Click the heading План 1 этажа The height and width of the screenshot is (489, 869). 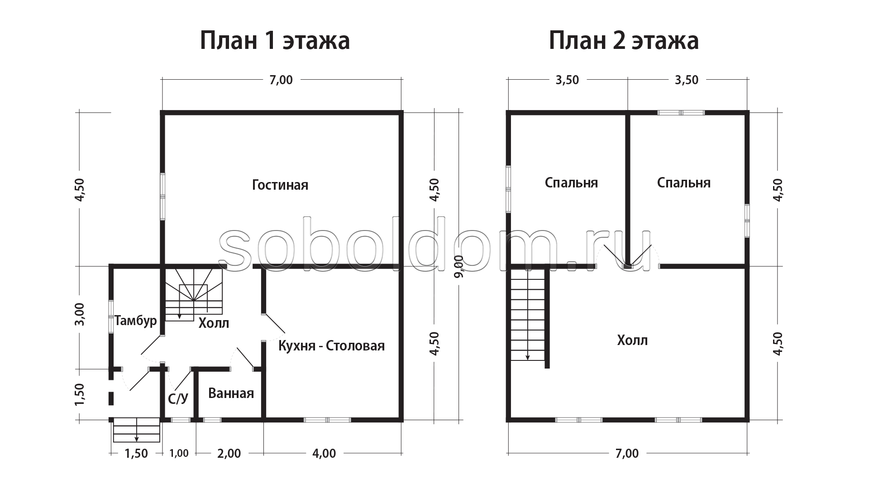pos(275,41)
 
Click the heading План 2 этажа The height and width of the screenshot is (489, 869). pos(624,41)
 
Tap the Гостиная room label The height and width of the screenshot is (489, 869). pos(280,185)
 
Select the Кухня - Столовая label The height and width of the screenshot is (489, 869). pos(331,346)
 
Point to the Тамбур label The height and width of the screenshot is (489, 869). pos(136,321)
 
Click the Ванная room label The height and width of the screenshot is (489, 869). pos(231,393)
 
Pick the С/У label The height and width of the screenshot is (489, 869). pos(178,398)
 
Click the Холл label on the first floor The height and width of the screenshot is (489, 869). pos(214,323)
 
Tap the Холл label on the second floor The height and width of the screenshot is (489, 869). pos(632,340)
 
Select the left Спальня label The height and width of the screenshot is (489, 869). pos(571,182)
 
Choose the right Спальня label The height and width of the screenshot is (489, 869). pos(683,182)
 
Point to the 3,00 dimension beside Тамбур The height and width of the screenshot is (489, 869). pos(80,314)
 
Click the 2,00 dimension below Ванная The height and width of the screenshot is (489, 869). pos(229,453)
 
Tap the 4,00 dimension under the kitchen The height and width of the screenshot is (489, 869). pos(324,453)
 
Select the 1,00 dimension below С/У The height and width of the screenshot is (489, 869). pos(179,453)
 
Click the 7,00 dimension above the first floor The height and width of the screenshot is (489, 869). pos(281,80)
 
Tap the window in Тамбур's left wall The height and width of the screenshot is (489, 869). pos(111,316)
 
